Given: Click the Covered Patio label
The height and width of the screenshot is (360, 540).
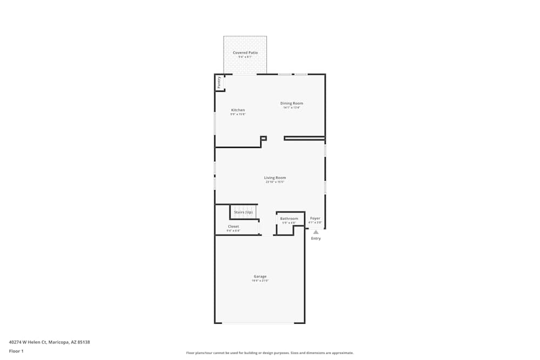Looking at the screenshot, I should click(x=245, y=53).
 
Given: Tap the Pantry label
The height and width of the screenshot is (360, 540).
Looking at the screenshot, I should click(x=219, y=82).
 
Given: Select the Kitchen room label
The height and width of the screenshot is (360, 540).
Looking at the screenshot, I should click(x=238, y=110).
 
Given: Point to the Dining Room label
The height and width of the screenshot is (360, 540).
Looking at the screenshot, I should click(x=292, y=103).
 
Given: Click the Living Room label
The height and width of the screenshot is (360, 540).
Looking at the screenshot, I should click(x=275, y=178).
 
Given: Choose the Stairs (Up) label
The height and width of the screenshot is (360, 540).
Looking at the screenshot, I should click(x=243, y=212).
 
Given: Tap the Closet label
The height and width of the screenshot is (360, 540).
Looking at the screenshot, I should click(x=233, y=227).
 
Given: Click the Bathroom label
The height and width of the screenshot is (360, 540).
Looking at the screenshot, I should click(x=289, y=219).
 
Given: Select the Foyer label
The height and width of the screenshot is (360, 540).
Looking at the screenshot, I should click(x=315, y=219).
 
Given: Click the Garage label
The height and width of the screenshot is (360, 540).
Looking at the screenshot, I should click(x=260, y=276).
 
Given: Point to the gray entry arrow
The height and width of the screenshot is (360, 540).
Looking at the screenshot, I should click(x=316, y=232).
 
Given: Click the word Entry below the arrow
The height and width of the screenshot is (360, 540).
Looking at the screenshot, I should click(x=316, y=239).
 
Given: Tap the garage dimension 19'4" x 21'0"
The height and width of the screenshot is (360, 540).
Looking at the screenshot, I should click(x=260, y=281).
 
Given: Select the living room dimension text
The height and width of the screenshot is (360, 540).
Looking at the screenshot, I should click(x=275, y=182).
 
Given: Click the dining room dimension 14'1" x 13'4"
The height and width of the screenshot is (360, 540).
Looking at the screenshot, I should click(x=292, y=107).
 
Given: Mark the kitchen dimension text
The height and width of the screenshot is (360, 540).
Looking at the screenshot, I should click(x=238, y=114).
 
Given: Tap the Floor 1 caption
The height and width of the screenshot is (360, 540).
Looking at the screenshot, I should click(x=16, y=351).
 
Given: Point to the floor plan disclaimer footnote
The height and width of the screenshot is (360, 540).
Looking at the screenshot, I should click(x=270, y=353).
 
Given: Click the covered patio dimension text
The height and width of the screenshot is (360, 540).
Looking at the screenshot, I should click(x=245, y=57).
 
